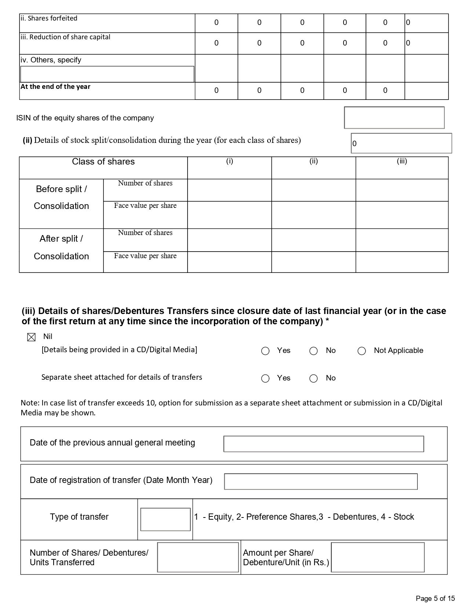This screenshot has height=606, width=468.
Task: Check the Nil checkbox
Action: (32, 337)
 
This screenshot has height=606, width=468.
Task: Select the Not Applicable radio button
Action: (362, 351)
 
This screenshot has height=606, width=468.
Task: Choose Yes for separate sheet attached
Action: (265, 379)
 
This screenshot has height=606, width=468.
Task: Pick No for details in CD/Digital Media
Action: (313, 351)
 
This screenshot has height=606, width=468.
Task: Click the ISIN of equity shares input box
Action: (394, 118)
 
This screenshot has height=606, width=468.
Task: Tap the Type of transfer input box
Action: (165, 519)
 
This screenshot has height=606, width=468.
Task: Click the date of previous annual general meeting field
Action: (323, 444)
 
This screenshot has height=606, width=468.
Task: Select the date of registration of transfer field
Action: (320, 481)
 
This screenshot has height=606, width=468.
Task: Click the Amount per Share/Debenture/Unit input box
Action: (377, 557)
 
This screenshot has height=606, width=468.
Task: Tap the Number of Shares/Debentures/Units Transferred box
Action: (198, 557)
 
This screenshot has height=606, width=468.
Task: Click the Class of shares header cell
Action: (103, 162)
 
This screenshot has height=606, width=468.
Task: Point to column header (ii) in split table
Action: (313, 161)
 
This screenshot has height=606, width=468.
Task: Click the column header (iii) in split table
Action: (402, 161)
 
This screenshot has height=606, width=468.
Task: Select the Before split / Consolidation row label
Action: (61, 198)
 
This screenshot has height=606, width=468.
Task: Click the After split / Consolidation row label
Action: (61, 247)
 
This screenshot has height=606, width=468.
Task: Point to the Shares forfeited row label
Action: (49, 18)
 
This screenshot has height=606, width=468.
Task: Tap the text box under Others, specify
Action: (107, 74)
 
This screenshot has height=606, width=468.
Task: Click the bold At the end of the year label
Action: (55, 87)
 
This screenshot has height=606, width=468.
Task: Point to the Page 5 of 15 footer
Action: (435, 598)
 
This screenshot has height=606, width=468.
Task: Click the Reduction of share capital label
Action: (65, 37)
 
